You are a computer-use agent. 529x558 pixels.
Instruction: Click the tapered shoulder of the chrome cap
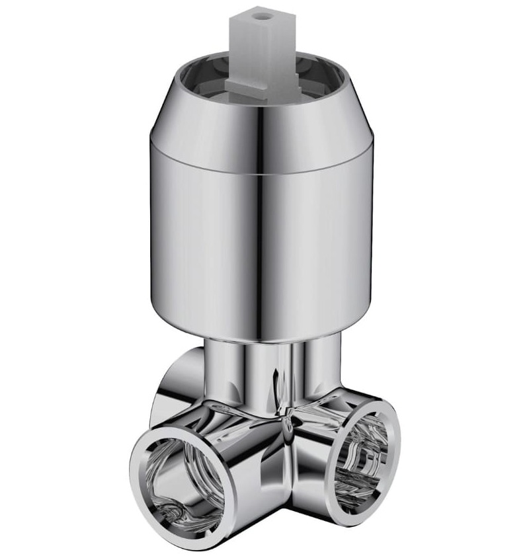pos(198,112)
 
